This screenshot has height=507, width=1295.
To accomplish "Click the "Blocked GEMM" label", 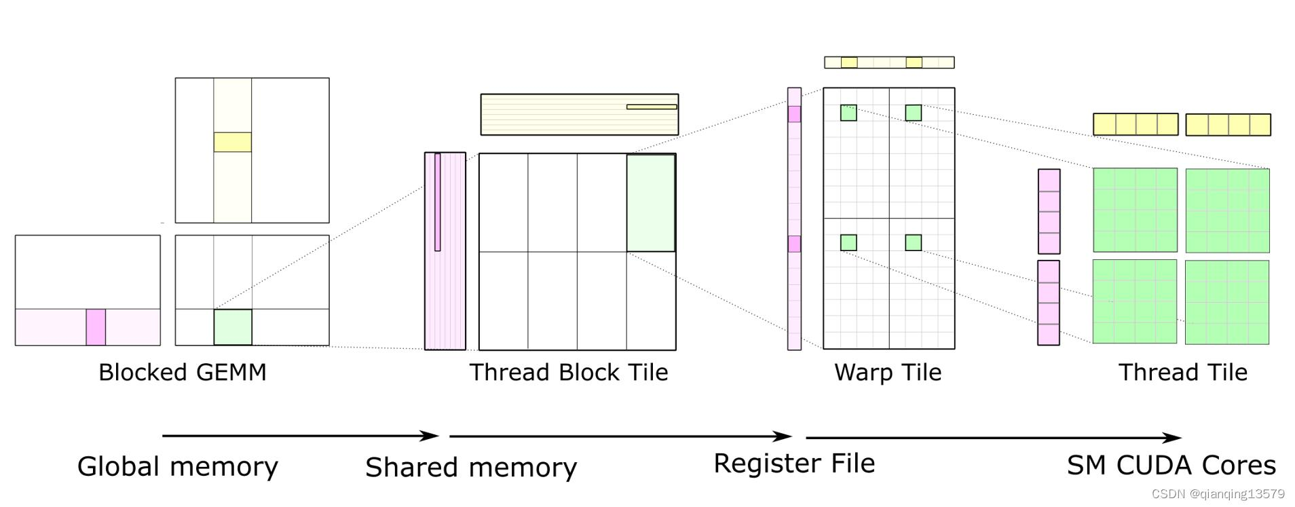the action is click(x=183, y=372).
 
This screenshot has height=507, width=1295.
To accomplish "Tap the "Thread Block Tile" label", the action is click(x=569, y=372).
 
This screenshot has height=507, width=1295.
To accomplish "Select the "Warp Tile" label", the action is click(x=888, y=373).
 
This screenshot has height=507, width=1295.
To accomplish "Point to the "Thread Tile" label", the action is click(x=1183, y=372).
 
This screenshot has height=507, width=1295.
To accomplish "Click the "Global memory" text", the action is click(x=178, y=467).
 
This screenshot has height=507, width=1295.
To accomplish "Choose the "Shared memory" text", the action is click(x=471, y=468).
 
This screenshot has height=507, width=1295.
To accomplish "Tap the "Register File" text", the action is click(x=794, y=464).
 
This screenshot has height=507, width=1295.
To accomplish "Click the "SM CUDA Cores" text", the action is click(x=1171, y=465).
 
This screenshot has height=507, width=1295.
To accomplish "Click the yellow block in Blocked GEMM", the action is click(x=233, y=142).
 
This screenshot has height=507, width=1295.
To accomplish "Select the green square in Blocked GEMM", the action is click(x=233, y=327).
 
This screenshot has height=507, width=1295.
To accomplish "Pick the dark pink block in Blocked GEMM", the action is click(x=96, y=327).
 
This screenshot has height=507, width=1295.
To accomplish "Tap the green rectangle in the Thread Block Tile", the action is click(x=651, y=203).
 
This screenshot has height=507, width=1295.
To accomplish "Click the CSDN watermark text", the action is click(x=1218, y=494).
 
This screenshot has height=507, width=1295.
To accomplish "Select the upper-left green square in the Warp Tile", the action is click(x=848, y=113).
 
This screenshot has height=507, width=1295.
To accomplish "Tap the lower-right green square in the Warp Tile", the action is click(x=914, y=242).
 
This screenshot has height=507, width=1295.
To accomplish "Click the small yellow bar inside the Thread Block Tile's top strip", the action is click(x=652, y=107).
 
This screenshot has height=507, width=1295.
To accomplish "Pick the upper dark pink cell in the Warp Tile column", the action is click(x=794, y=114).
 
